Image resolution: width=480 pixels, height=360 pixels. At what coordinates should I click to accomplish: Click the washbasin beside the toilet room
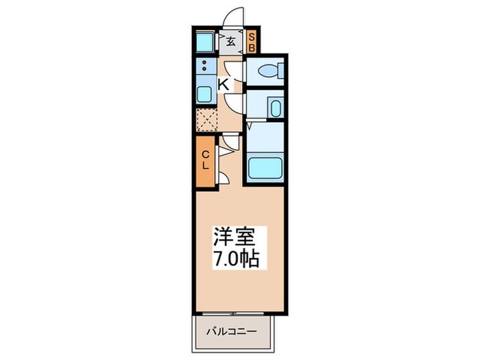coord(274,108)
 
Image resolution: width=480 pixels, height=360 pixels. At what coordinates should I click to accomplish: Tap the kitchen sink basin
coord(204,94)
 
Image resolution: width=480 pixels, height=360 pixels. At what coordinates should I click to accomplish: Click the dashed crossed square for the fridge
coord(206,119)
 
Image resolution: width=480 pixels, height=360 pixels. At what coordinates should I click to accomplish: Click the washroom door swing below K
coord(235,104)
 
